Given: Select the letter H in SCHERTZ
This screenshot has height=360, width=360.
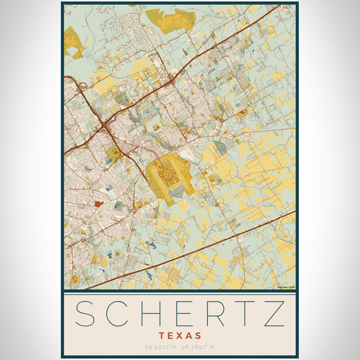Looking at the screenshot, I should [148, 314].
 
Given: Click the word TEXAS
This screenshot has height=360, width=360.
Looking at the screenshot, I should [180, 335].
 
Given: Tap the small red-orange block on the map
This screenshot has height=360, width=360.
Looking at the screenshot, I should [98, 204].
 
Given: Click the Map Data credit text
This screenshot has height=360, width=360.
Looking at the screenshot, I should [286, 287].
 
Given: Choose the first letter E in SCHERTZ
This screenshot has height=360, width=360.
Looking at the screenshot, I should [180, 314].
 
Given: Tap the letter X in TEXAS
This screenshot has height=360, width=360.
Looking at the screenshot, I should [180, 335].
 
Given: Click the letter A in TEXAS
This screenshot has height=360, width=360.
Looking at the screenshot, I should [189, 335].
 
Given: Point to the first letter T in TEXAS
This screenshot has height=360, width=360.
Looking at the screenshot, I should [162, 335].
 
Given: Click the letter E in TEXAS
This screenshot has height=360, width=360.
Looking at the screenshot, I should [171, 335].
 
